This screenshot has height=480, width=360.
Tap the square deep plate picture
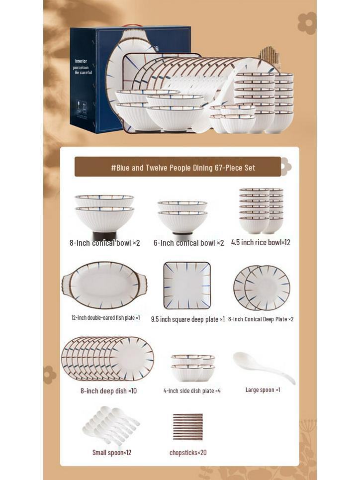187,286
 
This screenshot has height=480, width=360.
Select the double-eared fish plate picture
104,286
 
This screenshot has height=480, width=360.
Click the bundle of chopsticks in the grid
187,427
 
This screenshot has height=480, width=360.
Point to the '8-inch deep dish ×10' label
108,391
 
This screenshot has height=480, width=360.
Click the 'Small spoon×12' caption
112,453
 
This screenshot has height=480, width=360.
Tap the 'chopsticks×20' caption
188,453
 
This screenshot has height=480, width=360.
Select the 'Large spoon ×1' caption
263,390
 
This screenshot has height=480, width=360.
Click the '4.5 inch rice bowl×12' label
261,243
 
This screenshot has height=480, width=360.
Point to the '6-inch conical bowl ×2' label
188,243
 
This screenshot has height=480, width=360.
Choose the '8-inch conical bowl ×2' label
104,243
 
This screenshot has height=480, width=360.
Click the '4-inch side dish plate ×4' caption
192,391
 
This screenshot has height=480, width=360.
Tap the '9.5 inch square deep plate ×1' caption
188,319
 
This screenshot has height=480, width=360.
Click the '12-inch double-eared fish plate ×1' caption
105,317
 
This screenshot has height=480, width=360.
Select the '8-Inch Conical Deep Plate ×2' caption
261,319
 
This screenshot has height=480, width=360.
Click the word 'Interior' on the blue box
81,61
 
